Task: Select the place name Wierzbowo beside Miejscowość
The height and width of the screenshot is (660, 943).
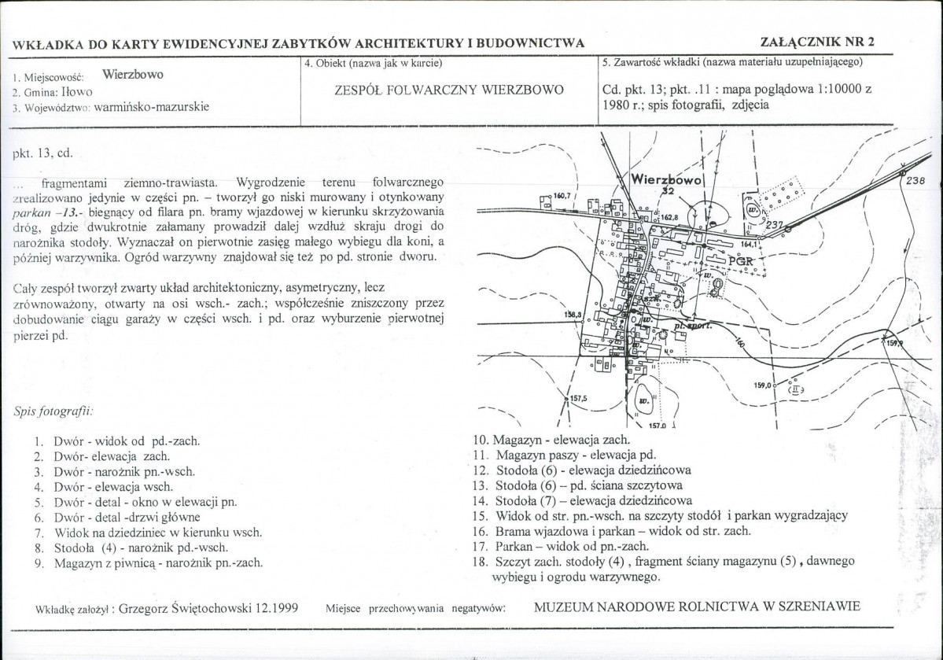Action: coord(133,76)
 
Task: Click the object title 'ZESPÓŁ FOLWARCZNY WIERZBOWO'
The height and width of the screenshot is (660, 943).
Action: coord(450,89)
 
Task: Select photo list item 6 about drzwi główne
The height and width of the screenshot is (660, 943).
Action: coord(126,517)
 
